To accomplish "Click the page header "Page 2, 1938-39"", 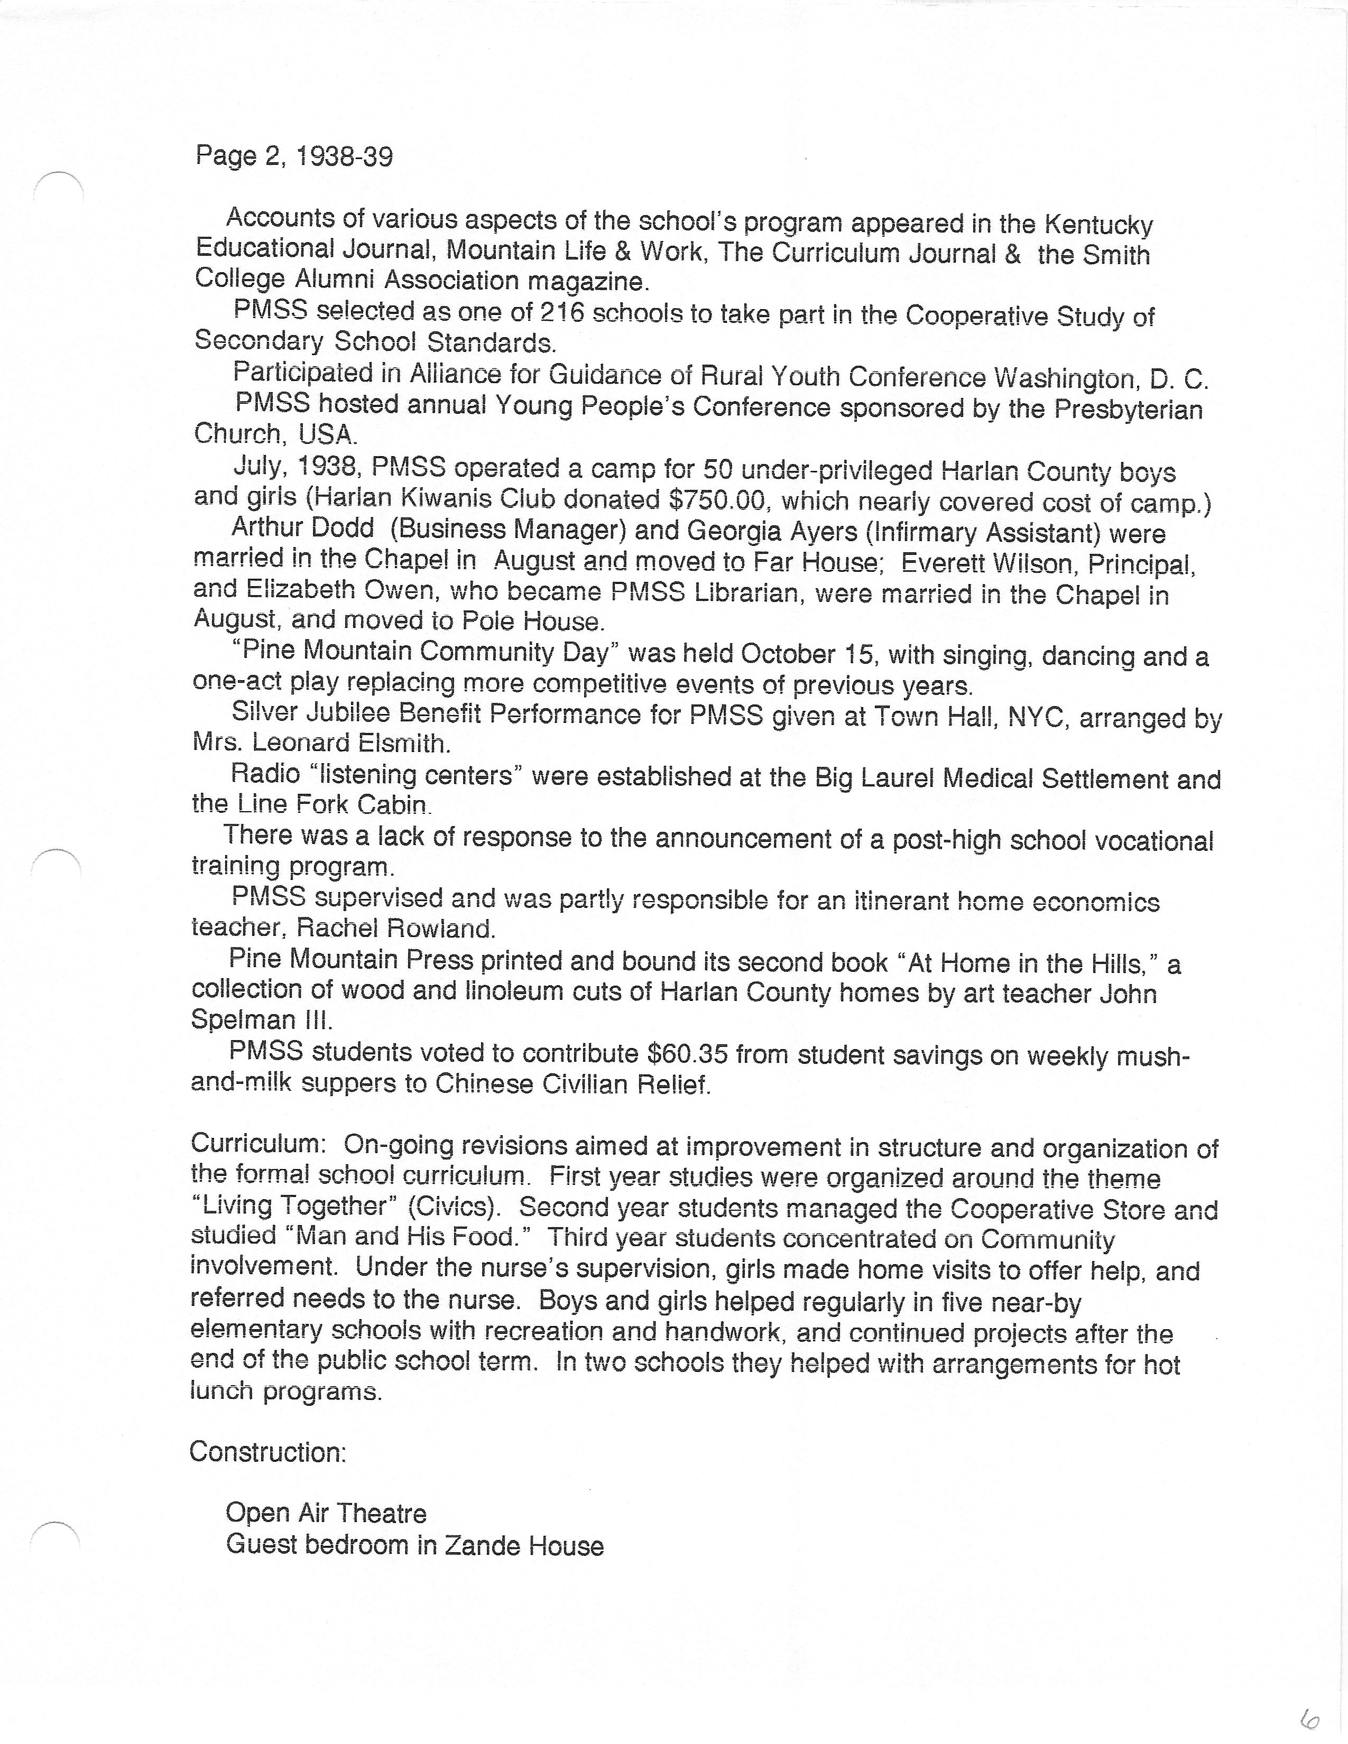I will [x=294, y=156].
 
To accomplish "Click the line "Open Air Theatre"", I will [x=326, y=1513].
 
